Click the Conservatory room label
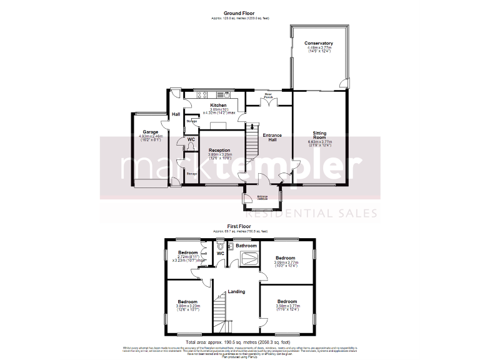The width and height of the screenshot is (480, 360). pyautogui.click(x=319, y=43)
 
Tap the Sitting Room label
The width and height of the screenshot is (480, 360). pyautogui.click(x=319, y=134)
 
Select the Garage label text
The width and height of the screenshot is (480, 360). pyautogui.click(x=150, y=132)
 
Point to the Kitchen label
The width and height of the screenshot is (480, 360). pyautogui.click(x=218, y=105)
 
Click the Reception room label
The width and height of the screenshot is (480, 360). pyautogui.click(x=219, y=150)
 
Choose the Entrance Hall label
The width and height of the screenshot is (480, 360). pyautogui.click(x=272, y=138)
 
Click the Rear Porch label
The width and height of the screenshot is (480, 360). pyautogui.click(x=269, y=96)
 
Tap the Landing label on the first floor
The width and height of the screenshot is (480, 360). pyautogui.click(x=236, y=291)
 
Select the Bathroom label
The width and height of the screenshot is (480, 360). pyautogui.click(x=246, y=246)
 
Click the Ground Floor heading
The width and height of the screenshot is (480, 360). pyautogui.click(x=240, y=12)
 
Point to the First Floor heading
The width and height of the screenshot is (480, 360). pyautogui.click(x=239, y=226)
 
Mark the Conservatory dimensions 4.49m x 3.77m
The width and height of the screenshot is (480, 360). pyautogui.click(x=319, y=47)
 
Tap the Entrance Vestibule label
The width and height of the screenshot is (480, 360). pyautogui.click(x=262, y=197)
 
